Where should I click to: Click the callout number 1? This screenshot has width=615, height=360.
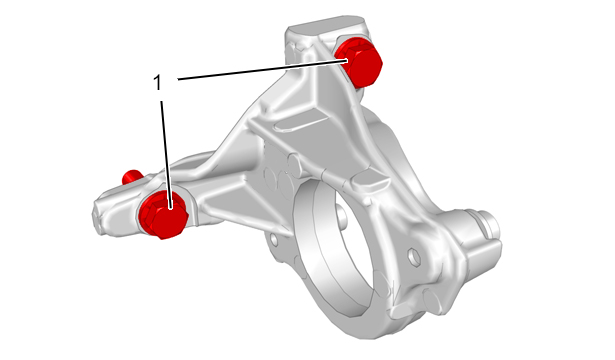tap(157, 83)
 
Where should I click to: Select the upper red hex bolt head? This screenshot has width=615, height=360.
tap(360, 62)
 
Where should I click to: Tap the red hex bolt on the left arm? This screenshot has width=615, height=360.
tap(164, 215)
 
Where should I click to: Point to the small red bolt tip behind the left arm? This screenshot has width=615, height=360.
tap(131, 177)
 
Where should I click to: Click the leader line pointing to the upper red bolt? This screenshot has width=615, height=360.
tap(263, 69)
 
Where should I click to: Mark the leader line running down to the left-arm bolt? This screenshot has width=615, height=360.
tap(166, 155)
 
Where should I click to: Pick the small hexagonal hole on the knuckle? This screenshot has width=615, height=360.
tap(414, 257)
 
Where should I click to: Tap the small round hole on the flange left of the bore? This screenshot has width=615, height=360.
tap(274, 239)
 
